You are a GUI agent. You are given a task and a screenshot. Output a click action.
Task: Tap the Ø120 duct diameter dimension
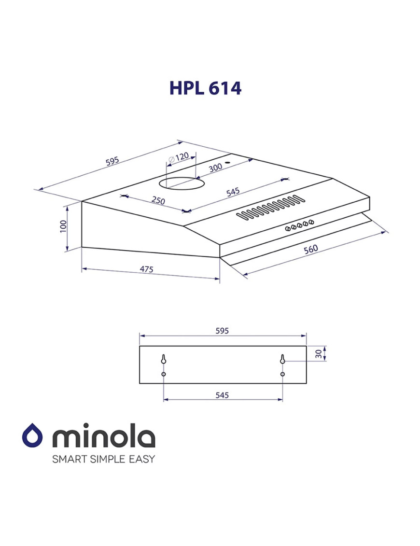[179, 157]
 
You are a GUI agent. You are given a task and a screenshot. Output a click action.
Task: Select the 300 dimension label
[216, 168]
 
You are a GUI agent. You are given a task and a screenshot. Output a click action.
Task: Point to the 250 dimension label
[158, 200]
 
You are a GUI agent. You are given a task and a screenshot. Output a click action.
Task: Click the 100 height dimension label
[63, 226]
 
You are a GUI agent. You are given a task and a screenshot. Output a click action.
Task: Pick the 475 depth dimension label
[146, 269]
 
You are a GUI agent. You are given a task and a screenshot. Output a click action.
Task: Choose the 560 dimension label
[310, 249]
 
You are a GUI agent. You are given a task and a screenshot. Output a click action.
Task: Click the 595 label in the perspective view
[112, 161]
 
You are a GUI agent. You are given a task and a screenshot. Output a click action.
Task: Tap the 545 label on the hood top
[233, 192]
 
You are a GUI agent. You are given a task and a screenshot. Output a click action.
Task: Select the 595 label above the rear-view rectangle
[222, 331]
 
